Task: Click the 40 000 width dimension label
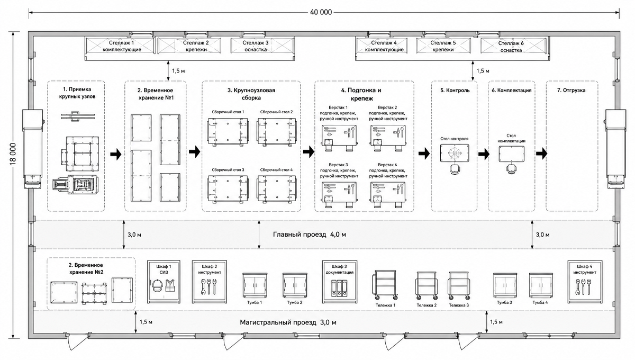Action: tap(321, 12)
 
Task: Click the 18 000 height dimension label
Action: tap(13, 154)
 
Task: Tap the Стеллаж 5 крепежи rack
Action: tap(443, 46)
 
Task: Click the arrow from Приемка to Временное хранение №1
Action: tap(116, 155)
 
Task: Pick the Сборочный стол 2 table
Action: tap(276, 132)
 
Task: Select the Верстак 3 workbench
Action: tap(339, 195)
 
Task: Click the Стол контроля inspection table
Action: tap(455, 153)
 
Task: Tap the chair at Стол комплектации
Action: tap(511, 169)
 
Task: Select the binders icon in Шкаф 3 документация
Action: tap(339, 288)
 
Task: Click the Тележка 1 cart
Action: tap(385, 285)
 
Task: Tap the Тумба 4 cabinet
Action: tap(541, 285)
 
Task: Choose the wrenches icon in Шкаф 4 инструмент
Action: tap(585, 287)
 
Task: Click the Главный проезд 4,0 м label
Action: tap(309, 235)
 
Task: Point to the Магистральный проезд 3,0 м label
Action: tap(288, 322)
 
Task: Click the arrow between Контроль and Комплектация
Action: tap(484, 154)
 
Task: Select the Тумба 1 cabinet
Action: tap(255, 285)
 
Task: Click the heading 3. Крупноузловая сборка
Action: tap(251, 94)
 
